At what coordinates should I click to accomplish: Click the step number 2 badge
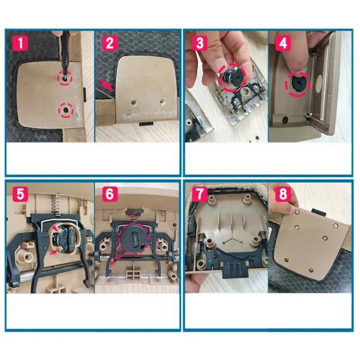(109, 44)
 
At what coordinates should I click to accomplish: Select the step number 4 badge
(283, 44)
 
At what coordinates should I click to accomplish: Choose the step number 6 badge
(109, 195)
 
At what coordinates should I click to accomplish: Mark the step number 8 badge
(283, 195)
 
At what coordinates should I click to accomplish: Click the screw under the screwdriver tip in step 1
(63, 76)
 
